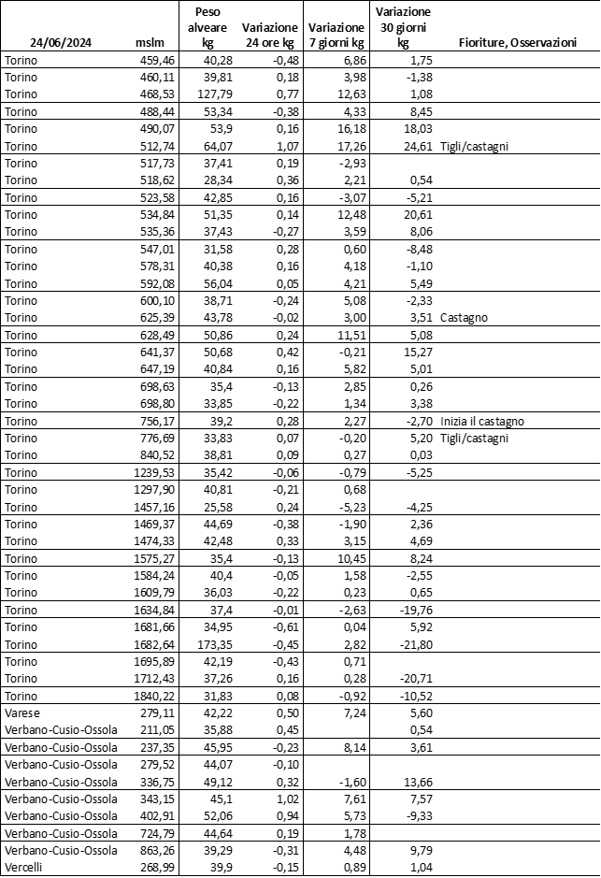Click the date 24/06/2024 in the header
(x=61, y=42)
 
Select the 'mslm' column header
(x=150, y=42)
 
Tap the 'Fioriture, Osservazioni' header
(x=517, y=42)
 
